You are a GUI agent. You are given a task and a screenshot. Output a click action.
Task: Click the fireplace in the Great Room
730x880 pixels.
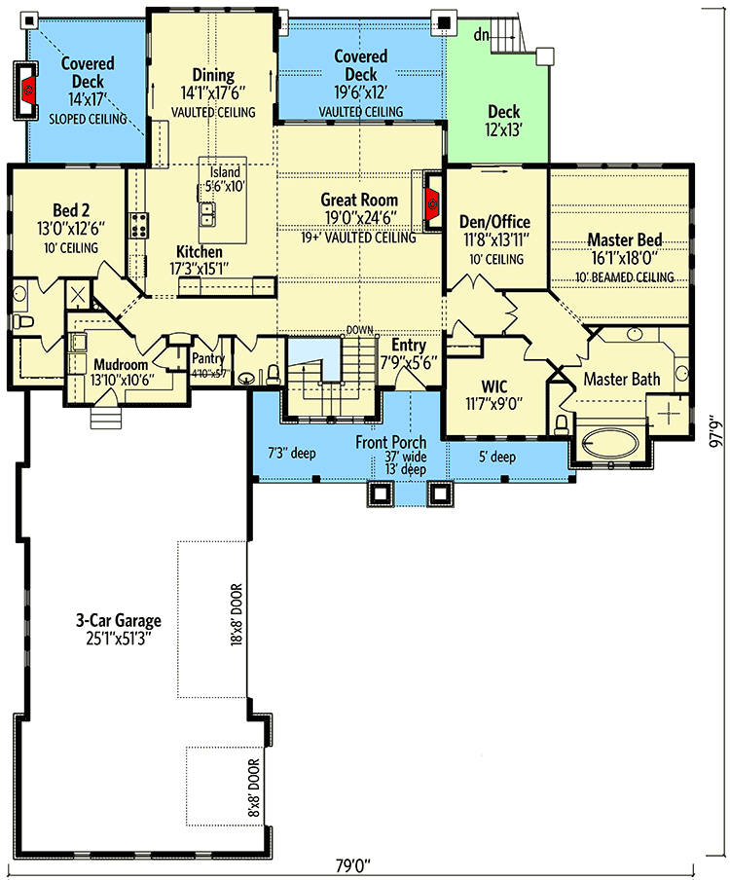tap(433, 204)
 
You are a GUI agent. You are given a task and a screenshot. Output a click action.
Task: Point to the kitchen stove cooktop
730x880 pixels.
tap(139, 225)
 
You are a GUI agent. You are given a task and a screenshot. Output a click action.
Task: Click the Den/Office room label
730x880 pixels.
tap(496, 222)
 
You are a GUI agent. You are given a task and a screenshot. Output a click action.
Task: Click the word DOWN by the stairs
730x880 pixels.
tap(361, 330)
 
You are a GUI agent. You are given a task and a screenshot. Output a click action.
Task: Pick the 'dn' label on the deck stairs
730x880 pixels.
tap(481, 35)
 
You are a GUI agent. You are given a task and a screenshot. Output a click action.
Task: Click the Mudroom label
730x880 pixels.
tap(120, 365)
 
